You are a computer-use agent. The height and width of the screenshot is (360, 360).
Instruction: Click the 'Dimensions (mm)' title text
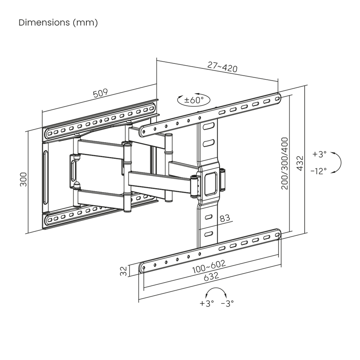[x=58, y=22]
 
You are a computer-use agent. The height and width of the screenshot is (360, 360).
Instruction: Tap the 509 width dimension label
[x=100, y=93]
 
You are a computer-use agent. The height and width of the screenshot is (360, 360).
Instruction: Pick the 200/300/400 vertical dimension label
[x=285, y=162]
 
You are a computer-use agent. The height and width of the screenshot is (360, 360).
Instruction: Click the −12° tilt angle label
[x=319, y=171]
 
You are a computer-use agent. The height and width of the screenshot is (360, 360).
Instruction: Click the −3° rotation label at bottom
[x=228, y=303]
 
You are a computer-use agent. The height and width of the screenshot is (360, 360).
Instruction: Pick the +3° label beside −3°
[x=207, y=303]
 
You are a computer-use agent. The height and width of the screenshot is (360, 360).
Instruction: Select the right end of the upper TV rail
[x=278, y=96]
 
